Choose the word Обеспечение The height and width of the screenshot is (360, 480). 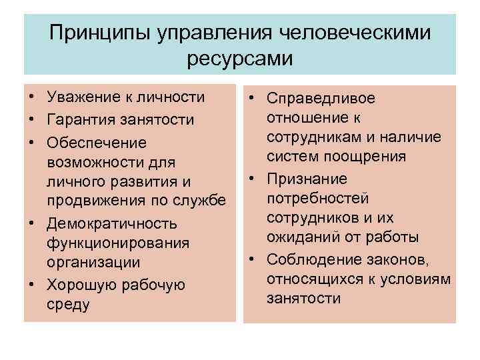pos(87,143)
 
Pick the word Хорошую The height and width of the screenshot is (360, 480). pos(78,285)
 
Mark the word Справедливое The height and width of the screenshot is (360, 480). pos(321,98)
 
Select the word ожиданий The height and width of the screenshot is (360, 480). pos(297,237)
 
